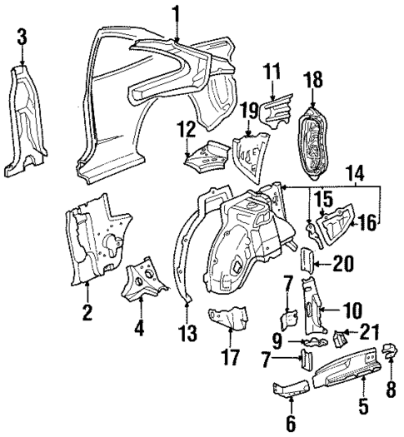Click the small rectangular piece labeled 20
306,260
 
